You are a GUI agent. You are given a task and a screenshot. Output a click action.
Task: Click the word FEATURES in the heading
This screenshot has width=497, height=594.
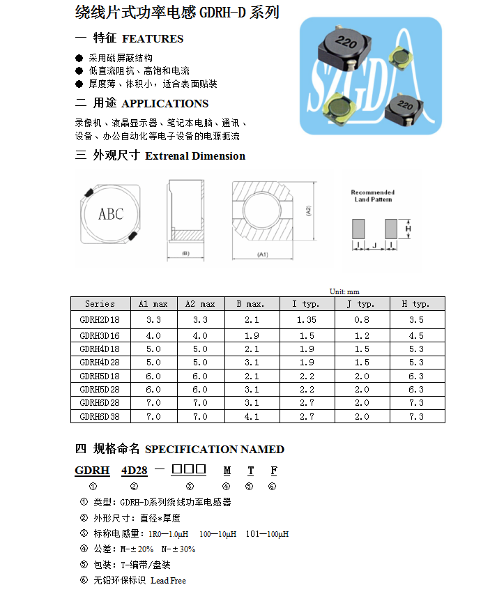point(153,39)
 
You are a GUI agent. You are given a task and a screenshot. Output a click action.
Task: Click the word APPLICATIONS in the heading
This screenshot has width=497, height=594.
point(165,104)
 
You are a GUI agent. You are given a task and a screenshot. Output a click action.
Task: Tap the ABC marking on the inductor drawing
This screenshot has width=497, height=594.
point(110,214)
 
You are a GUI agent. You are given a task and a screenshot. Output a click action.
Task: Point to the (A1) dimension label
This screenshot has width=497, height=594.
point(263,254)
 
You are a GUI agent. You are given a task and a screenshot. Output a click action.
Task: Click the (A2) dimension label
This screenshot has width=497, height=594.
point(307,210)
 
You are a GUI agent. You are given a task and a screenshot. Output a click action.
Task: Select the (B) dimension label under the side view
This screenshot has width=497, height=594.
point(185,253)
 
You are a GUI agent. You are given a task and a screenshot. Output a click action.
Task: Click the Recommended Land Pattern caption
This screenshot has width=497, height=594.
point(372,196)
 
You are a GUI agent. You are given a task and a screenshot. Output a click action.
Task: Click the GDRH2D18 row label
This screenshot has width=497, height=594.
point(100,319)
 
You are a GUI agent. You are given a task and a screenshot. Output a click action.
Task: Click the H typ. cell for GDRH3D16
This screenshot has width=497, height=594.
point(416,335)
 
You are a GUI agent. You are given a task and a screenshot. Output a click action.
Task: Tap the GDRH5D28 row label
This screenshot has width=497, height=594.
point(100,389)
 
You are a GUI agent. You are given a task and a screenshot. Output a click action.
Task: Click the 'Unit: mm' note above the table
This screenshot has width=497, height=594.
point(344,291)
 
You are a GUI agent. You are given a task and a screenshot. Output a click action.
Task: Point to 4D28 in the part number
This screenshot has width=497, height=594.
point(134,471)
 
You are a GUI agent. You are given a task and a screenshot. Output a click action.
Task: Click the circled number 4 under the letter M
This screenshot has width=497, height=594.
point(226,486)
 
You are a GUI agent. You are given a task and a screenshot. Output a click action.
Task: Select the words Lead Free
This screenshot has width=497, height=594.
point(168,580)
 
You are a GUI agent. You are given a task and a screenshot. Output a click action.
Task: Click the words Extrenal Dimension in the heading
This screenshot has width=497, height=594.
point(195,156)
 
